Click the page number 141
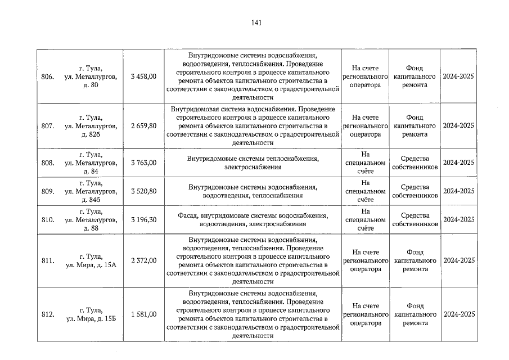(256, 23)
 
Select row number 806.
(48, 76)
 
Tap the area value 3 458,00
(143, 76)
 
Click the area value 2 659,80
(143, 126)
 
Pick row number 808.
(48, 163)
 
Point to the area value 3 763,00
(143, 163)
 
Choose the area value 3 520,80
(143, 191)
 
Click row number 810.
(48, 220)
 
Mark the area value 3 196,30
(143, 220)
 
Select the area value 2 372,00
(143, 261)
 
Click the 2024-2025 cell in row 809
(458, 191)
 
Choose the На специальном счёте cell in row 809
(366, 191)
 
